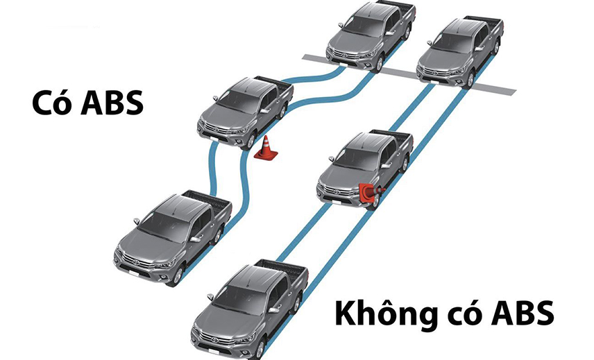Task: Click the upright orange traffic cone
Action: [266, 147]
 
